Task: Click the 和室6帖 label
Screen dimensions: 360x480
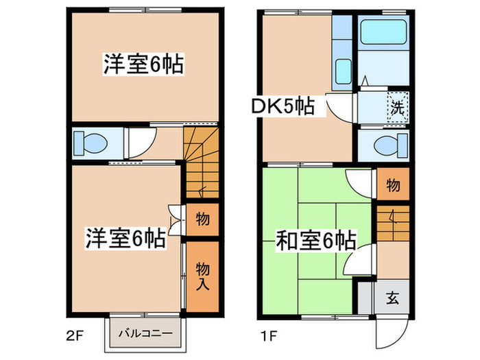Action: click(x=315, y=241)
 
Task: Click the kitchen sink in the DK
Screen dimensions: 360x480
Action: click(x=343, y=71)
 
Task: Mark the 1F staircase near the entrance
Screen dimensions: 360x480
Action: click(x=393, y=223)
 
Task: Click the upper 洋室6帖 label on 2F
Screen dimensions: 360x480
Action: click(x=143, y=64)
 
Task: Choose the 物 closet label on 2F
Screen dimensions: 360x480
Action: click(x=203, y=219)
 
